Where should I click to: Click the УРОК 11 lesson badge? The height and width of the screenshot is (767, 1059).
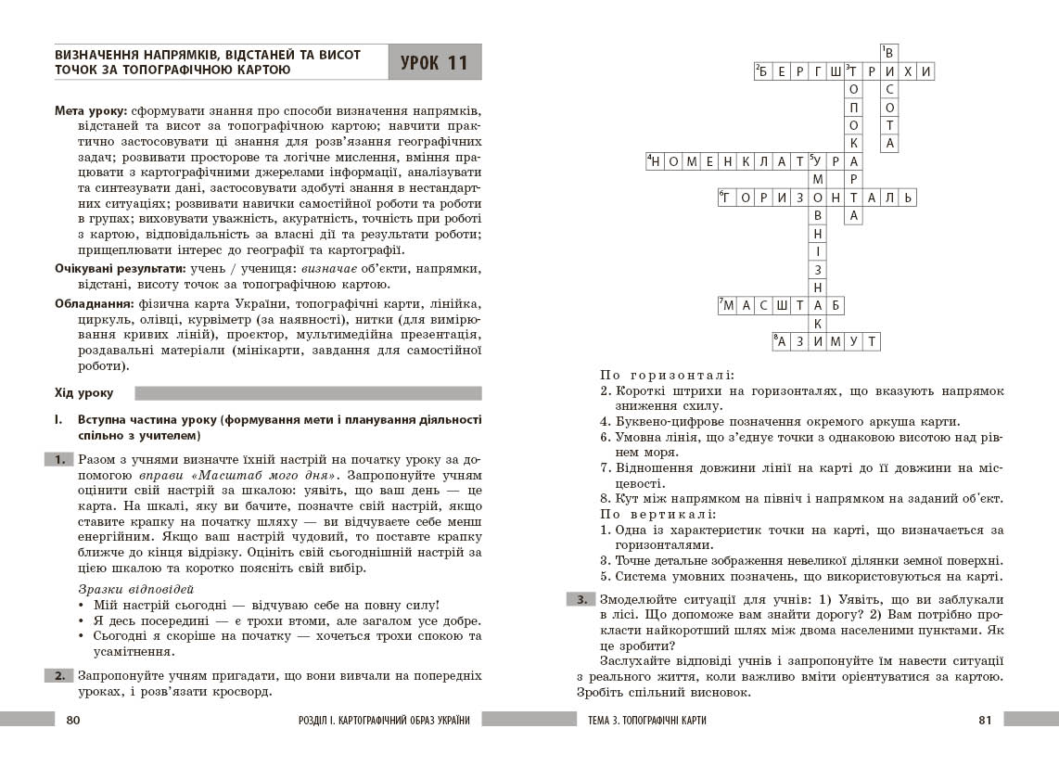pyautogui.click(x=434, y=63)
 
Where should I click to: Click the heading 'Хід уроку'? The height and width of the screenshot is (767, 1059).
pyautogui.click(x=83, y=393)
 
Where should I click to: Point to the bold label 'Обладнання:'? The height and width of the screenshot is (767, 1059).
pyautogui.click(x=93, y=303)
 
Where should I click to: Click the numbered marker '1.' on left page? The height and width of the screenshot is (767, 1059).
pyautogui.click(x=58, y=459)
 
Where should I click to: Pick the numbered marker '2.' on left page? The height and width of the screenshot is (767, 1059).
pyautogui.click(x=58, y=675)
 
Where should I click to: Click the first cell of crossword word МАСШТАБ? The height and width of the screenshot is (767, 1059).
pyautogui.click(x=728, y=304)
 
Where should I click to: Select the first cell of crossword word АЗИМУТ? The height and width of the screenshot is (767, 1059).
pyautogui.click(x=782, y=341)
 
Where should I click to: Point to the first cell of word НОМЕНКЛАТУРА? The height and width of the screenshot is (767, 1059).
pyautogui.click(x=656, y=161)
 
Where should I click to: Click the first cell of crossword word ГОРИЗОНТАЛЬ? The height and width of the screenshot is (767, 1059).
pyautogui.click(x=728, y=198)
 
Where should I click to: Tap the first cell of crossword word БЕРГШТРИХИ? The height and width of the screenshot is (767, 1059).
pyautogui.click(x=764, y=71)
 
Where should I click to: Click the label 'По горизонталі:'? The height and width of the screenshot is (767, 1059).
pyautogui.click(x=667, y=375)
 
